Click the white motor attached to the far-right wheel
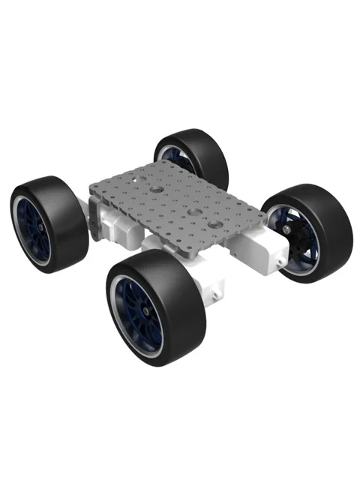(x=259, y=244)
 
